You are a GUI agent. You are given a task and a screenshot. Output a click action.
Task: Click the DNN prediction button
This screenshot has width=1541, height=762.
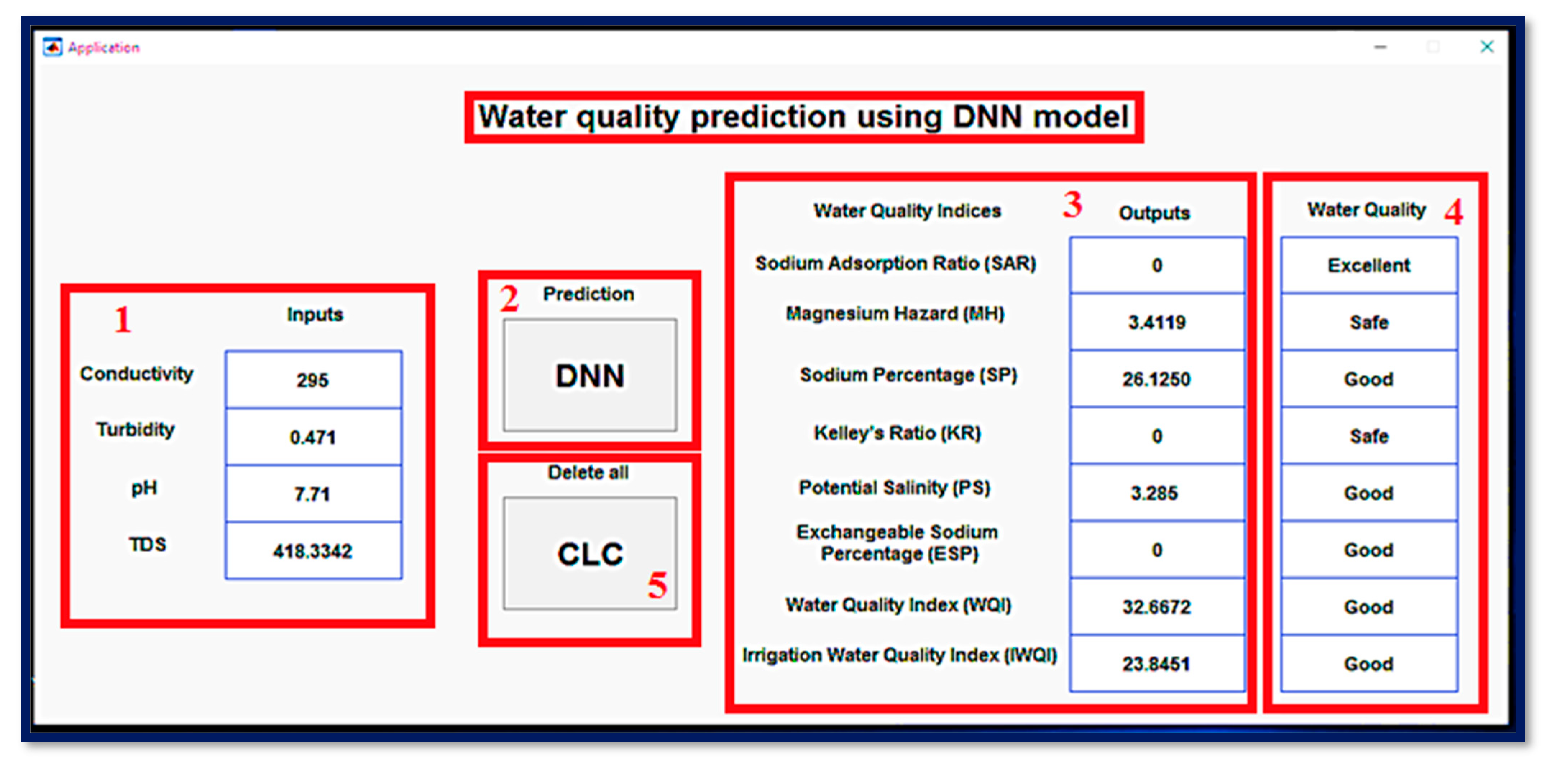[x=590, y=375]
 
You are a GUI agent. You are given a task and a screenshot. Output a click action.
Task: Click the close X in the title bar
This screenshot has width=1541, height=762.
[x=1487, y=47]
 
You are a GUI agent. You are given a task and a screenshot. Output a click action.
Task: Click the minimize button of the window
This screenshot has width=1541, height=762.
[x=1380, y=47]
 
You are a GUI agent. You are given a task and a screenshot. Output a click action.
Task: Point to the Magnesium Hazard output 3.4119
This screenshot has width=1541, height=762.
[x=1157, y=322]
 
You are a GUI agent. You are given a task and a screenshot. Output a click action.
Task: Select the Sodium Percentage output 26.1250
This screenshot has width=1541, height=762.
[x=1157, y=378]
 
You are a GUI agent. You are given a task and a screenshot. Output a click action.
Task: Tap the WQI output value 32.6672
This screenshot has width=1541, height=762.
[x=1157, y=606]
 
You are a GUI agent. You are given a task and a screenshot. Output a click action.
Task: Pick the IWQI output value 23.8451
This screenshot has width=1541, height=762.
[x=1157, y=663]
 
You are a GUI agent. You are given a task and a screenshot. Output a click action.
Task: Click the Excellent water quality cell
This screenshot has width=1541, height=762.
[x=1369, y=265]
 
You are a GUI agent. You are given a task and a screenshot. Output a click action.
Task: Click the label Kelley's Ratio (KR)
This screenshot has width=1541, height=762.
[x=897, y=432]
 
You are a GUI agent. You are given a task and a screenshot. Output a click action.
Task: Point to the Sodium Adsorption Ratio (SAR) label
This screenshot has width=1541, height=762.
[x=895, y=263]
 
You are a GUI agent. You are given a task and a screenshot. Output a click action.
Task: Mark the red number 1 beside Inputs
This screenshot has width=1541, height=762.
[x=123, y=320]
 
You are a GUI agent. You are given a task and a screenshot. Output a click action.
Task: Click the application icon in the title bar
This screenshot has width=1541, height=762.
[x=52, y=47]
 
